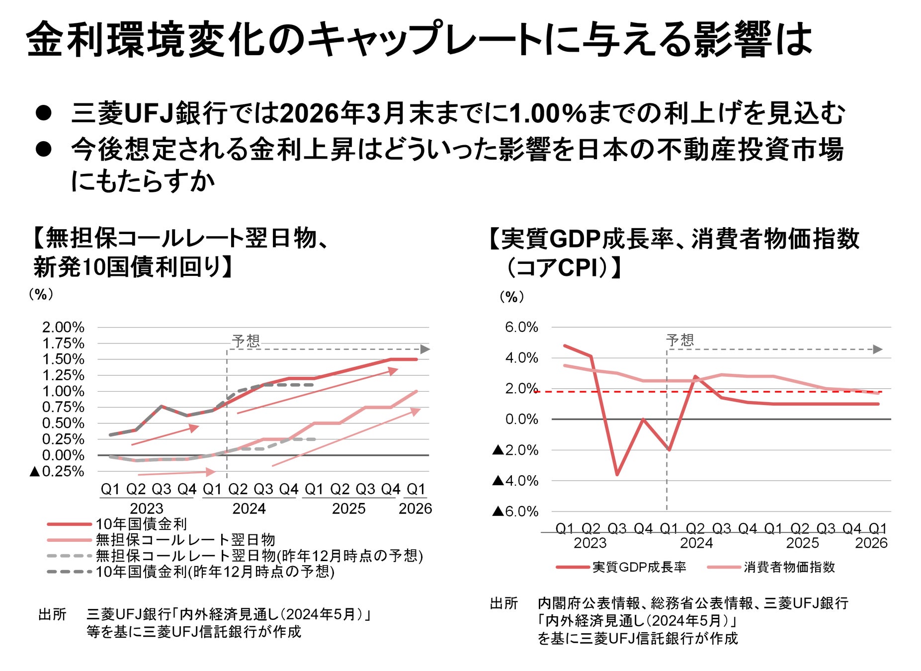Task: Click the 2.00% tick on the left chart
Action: (x=63, y=327)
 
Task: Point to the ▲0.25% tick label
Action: (x=57, y=471)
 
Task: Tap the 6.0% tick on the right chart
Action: (x=521, y=327)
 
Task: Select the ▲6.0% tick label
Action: (x=515, y=511)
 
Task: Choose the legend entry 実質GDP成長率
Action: (x=639, y=567)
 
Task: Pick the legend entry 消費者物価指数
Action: (x=789, y=567)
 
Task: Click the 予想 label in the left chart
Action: (x=246, y=340)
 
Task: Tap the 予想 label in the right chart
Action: (x=680, y=340)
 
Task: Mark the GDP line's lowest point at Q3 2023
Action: (x=617, y=475)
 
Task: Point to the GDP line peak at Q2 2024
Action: (x=695, y=377)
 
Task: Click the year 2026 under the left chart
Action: (x=415, y=508)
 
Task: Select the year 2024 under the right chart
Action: (x=696, y=543)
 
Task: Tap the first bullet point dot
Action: (x=44, y=113)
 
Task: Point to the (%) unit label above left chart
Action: (x=41, y=294)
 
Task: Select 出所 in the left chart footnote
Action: (x=52, y=615)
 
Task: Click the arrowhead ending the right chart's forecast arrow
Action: (x=878, y=349)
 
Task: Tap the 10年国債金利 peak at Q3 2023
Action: (x=161, y=406)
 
